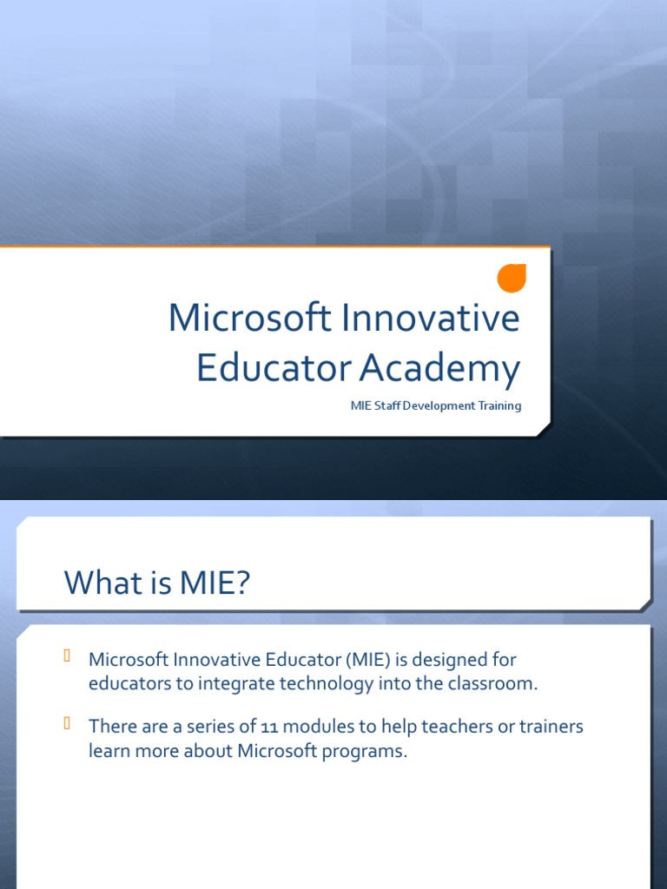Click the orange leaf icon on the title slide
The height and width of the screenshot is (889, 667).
[512, 279]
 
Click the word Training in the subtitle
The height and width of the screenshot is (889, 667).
[499, 405]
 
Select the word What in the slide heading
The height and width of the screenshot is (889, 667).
[102, 582]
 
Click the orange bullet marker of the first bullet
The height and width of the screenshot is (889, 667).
[67, 656]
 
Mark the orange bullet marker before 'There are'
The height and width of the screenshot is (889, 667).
[67, 724]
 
